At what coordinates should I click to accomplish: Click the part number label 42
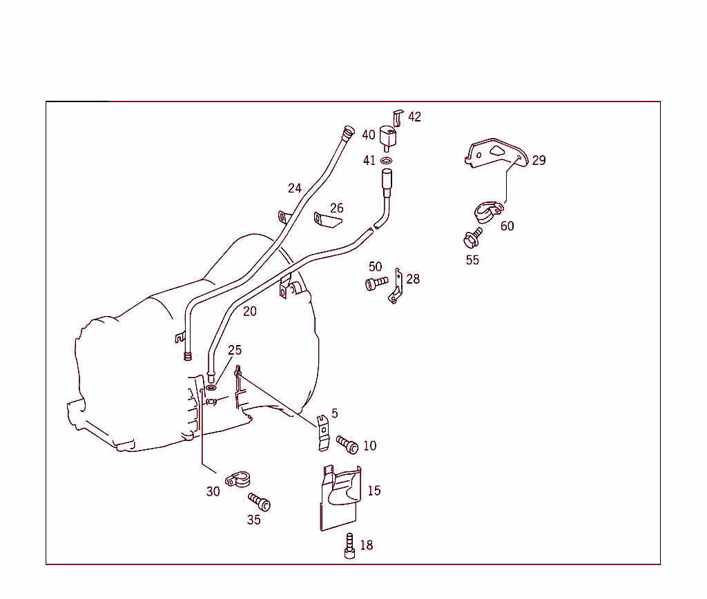414,117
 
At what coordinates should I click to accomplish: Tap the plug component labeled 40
390,136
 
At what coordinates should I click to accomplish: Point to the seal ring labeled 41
387,161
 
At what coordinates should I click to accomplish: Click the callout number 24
295,188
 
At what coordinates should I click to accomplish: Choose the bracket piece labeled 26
328,221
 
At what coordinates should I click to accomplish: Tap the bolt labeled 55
472,238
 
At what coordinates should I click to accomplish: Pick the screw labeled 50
376,283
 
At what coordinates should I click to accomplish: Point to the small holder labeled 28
396,286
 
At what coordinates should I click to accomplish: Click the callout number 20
250,311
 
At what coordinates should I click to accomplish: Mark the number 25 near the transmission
235,350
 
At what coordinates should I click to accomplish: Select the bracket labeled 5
322,433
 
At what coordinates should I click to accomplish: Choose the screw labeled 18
350,546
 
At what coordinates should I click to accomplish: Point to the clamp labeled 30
237,480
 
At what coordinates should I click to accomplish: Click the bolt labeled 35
260,502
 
